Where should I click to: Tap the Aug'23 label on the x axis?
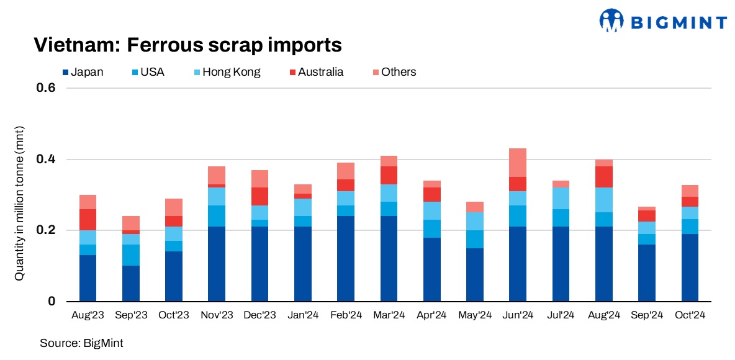(x=88, y=316)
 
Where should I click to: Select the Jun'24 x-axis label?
(x=518, y=316)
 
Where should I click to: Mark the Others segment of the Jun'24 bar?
(x=518, y=163)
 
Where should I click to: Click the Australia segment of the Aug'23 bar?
(x=88, y=220)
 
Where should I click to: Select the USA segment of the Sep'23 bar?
(x=130, y=255)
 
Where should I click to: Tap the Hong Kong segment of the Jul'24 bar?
(x=561, y=198)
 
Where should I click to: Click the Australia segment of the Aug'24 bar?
(x=603, y=177)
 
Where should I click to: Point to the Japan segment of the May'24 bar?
(x=475, y=275)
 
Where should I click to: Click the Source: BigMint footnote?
(x=81, y=343)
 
